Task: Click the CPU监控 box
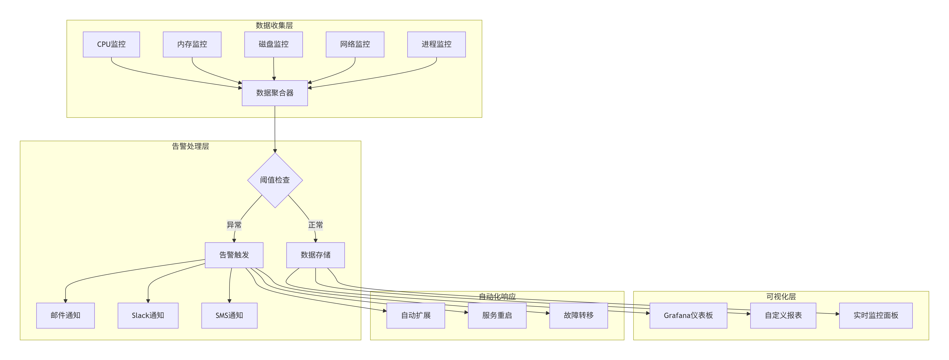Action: click(x=111, y=44)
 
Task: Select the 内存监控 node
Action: click(x=192, y=44)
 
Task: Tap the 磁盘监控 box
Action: click(x=273, y=44)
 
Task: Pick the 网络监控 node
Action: click(x=355, y=44)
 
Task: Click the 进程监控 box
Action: click(x=436, y=44)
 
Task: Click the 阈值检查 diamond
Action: click(x=275, y=180)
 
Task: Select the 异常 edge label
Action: click(x=234, y=225)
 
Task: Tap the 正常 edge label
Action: click(x=315, y=225)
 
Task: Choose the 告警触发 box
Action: click(x=234, y=255)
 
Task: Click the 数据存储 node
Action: click(x=315, y=255)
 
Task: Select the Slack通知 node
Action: click(x=148, y=315)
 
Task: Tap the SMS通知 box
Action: click(x=229, y=315)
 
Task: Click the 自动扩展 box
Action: click(x=416, y=315)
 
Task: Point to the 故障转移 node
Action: click(x=578, y=315)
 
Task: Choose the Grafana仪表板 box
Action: click(x=688, y=315)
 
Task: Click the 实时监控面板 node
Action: click(x=876, y=315)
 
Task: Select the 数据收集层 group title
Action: click(x=274, y=25)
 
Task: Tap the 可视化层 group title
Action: click(x=781, y=297)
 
